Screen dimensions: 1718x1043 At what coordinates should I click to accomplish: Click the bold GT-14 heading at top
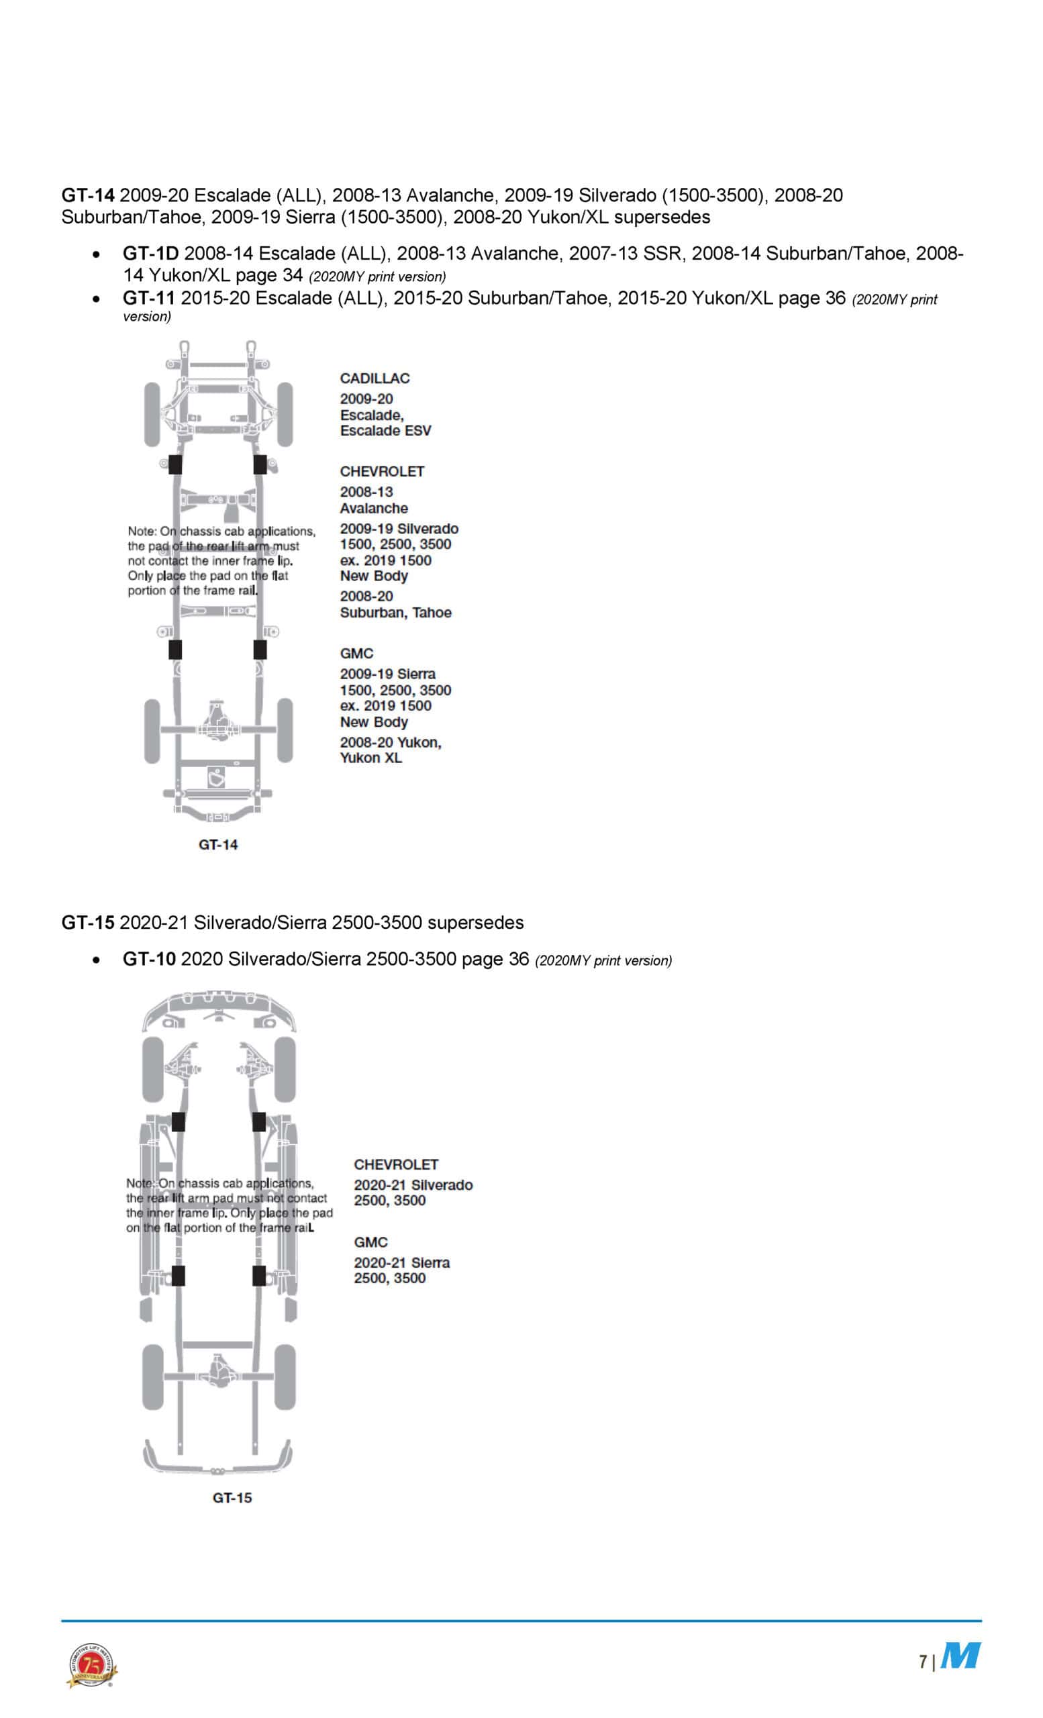tap(87, 195)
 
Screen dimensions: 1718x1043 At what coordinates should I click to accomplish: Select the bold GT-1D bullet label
tap(150, 253)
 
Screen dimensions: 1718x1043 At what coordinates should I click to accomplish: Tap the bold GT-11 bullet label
tap(148, 298)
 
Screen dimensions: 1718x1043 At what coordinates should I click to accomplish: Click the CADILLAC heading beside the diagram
tap(375, 378)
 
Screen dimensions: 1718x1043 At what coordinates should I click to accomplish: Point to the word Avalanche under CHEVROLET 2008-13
tap(374, 508)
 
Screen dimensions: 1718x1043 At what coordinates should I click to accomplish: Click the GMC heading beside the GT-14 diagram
tap(356, 654)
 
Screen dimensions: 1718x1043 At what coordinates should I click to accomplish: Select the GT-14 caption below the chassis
tap(218, 844)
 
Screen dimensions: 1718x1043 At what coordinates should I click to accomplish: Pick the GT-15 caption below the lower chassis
tap(232, 1498)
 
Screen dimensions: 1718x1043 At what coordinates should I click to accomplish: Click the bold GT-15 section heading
tap(87, 923)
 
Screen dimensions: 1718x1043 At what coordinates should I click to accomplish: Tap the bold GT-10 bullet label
tap(148, 959)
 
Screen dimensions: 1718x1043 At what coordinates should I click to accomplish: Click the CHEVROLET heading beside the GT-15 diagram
tap(396, 1164)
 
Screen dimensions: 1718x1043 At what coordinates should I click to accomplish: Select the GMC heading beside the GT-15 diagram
tap(370, 1242)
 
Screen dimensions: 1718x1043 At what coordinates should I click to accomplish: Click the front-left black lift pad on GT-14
tap(175, 464)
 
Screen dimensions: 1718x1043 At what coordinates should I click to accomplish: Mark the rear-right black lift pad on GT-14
tap(259, 649)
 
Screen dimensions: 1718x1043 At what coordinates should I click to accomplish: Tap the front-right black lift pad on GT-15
tap(258, 1122)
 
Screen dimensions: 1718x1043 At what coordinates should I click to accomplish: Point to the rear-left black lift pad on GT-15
tap(179, 1275)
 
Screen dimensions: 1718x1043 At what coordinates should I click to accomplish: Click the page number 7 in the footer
tap(922, 1662)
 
